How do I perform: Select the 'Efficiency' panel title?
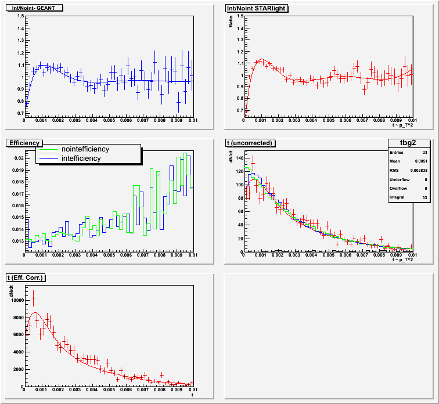point(24,143)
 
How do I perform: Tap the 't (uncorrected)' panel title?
point(253,143)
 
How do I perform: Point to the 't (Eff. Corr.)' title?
point(26,278)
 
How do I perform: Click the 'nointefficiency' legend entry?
point(85,149)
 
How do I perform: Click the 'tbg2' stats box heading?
point(408,143)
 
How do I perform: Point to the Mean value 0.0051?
point(420,162)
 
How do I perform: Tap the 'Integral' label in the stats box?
point(398,199)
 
